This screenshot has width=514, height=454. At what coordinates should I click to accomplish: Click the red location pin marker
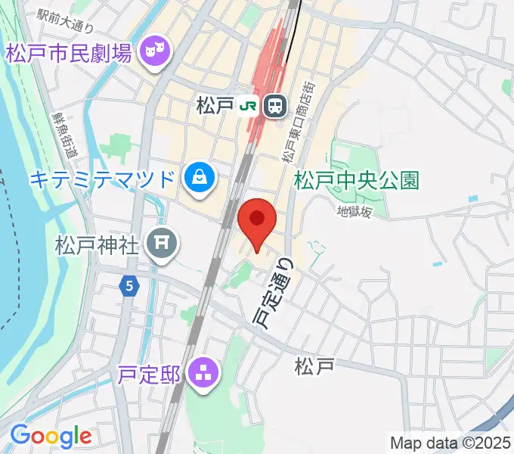point(256,220)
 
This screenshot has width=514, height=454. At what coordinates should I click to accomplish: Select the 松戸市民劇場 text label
point(70,54)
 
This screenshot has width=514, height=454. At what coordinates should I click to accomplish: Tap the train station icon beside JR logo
point(274,107)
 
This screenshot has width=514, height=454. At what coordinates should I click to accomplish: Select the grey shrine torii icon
point(161,243)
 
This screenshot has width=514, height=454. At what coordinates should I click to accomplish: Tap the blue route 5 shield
point(130,286)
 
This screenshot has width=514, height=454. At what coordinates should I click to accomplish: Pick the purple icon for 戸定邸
point(203,372)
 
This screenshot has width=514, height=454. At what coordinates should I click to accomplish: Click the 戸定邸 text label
point(150,373)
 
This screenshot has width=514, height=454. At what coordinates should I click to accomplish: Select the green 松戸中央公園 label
point(356,181)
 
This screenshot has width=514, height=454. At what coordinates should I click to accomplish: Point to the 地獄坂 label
point(355,213)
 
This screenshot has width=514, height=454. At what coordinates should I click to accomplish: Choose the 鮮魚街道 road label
point(64,135)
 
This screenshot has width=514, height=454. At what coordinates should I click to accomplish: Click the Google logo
point(51,436)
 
